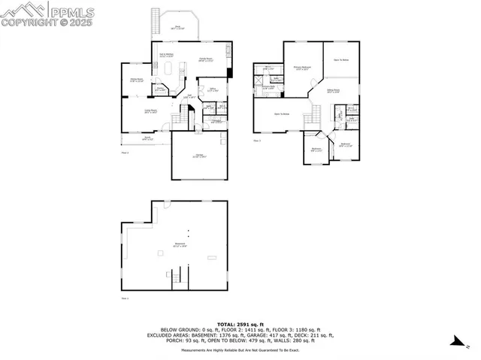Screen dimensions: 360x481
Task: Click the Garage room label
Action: (199, 156)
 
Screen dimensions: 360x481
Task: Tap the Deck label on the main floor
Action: (179, 28)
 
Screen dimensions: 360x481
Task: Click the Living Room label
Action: (151, 111)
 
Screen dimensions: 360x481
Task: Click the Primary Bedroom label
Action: (302, 67)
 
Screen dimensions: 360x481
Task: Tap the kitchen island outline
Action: (169, 69)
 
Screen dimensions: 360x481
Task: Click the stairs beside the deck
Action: (156, 22)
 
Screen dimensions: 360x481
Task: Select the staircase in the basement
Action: (177, 280)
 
